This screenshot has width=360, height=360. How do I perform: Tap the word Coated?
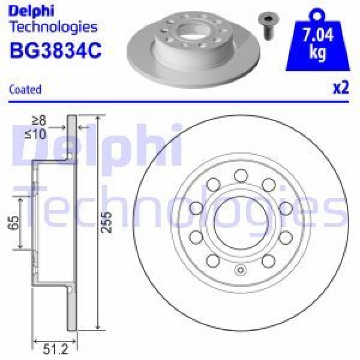click(26, 89)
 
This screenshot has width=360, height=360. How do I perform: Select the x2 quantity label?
click(340, 88)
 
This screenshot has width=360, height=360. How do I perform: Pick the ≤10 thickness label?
click(38, 134)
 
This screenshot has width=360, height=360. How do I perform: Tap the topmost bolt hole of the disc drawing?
click(241, 175)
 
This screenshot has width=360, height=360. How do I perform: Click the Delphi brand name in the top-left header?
click(32, 10)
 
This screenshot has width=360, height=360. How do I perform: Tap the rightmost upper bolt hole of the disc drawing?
click(285, 208)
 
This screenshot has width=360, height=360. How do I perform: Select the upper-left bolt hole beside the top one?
click(212, 184)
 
